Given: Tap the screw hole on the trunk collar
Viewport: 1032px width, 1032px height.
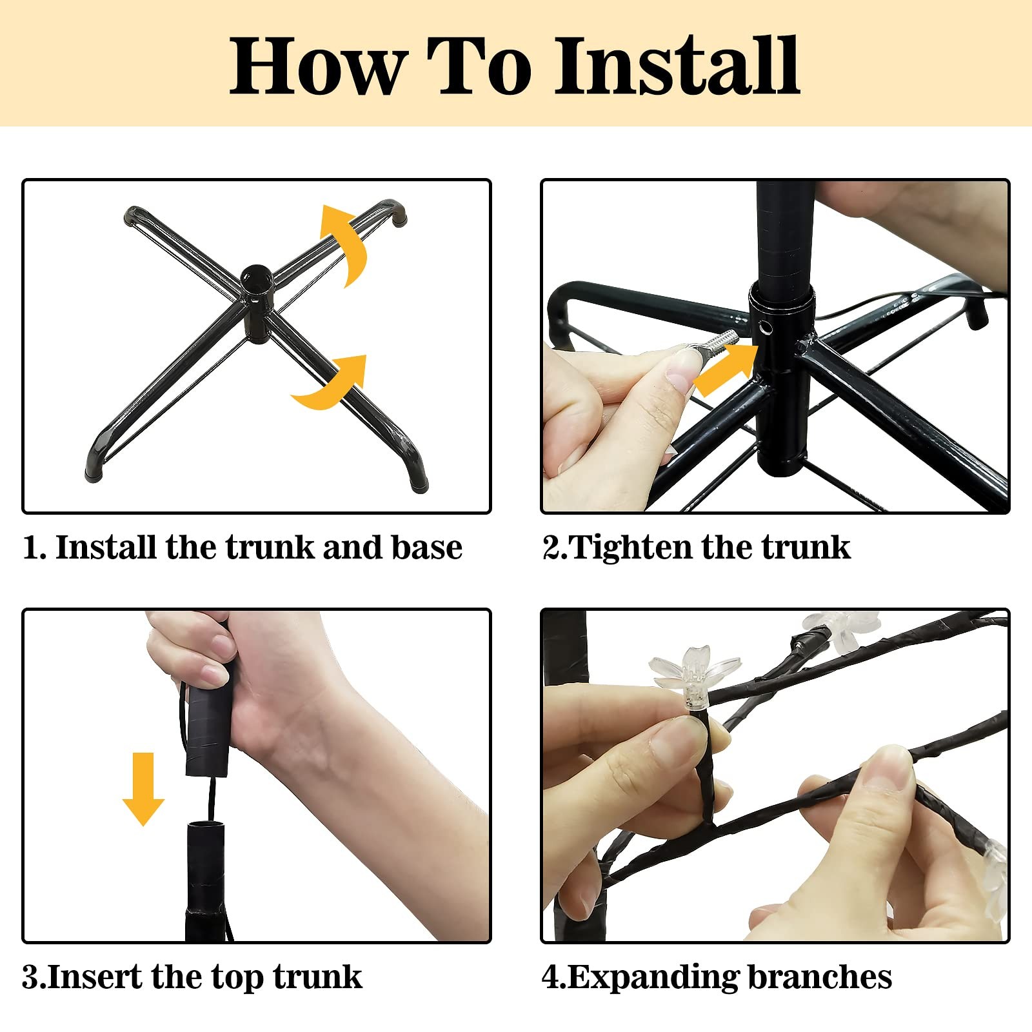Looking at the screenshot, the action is (x=766, y=329).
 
